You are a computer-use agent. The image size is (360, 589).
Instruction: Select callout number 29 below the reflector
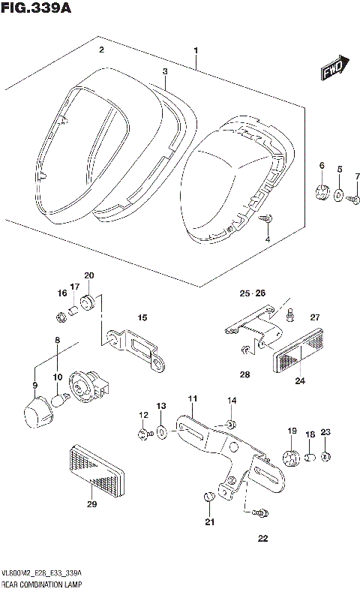(91, 503)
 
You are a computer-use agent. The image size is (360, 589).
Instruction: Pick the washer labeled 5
(339, 196)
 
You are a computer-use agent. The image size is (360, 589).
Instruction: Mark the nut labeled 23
(326, 456)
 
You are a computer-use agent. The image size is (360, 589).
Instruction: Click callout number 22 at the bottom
(262, 538)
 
